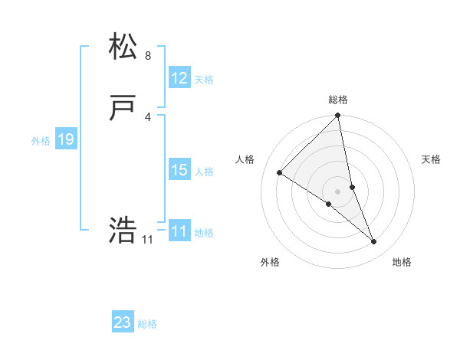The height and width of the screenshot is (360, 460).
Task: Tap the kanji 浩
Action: (x=123, y=230)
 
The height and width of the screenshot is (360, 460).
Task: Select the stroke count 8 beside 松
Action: (x=147, y=56)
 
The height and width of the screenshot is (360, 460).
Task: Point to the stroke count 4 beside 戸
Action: (x=147, y=116)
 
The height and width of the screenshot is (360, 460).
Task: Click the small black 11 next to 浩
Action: (x=147, y=240)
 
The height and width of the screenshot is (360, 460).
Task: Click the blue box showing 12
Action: (x=179, y=78)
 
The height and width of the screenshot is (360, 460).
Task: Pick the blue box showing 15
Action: (x=179, y=171)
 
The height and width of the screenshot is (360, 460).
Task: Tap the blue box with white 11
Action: (x=179, y=231)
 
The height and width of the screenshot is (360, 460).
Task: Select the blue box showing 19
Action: (x=66, y=139)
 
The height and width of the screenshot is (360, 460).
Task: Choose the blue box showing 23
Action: (x=123, y=322)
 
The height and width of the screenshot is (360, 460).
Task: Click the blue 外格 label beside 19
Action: (x=41, y=141)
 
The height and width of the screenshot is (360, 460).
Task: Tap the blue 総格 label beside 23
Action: (x=147, y=324)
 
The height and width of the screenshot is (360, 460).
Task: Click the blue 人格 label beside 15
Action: (x=204, y=172)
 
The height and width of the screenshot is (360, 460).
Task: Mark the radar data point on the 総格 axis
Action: (x=338, y=116)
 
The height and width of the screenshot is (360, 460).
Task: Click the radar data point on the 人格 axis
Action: (x=280, y=172)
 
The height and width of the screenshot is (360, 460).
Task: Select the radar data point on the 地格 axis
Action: (x=374, y=242)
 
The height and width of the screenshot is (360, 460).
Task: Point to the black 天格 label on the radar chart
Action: (x=431, y=159)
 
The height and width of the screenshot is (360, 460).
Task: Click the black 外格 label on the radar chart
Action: (x=270, y=262)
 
